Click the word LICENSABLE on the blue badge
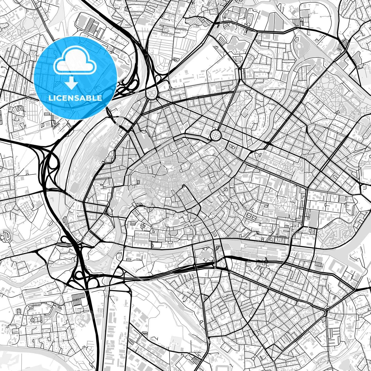(75, 98)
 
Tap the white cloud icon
(75, 61)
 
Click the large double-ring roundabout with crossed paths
(215, 135)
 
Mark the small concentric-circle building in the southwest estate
(32, 320)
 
